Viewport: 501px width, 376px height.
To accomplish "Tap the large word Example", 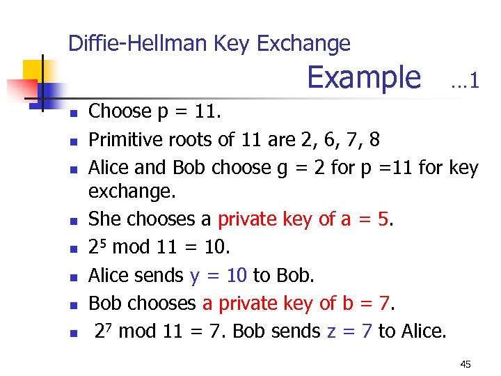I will point(364,77).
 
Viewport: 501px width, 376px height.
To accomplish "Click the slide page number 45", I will point(466,364).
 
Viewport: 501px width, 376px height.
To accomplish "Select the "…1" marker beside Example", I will point(464,81).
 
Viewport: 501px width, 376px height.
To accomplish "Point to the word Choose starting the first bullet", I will point(120,111).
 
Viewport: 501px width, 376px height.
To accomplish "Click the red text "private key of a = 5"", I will point(305,219).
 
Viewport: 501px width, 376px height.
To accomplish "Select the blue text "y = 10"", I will point(218,276).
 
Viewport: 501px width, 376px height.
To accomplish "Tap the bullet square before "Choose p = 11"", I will point(74,113).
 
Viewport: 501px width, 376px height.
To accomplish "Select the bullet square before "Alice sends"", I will point(74,277).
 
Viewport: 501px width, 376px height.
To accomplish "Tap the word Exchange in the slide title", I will point(303,44).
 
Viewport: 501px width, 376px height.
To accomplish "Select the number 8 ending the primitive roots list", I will point(374,140).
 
